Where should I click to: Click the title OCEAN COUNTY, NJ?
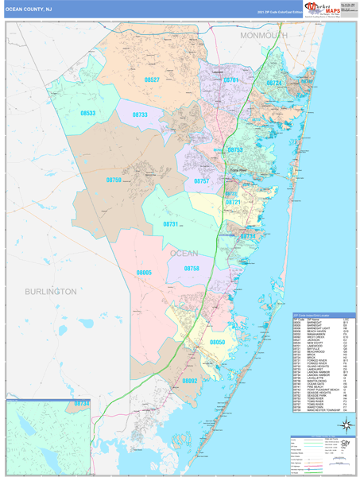[x=29, y=8]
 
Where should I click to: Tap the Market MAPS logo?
[x=323, y=9]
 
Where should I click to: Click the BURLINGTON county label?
[x=50, y=292]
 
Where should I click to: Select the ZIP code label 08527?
[x=152, y=80]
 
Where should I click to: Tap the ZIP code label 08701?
[x=231, y=80]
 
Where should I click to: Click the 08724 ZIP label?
[x=274, y=83]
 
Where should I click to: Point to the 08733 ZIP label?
[x=140, y=114]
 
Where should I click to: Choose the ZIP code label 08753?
[x=235, y=149]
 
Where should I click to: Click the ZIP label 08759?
[x=114, y=180]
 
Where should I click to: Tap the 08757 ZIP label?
[x=201, y=181]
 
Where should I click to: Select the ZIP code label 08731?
[x=171, y=224]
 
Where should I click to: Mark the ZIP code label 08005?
[x=144, y=273]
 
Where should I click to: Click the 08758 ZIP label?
[x=192, y=269]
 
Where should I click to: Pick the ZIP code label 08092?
[x=189, y=381]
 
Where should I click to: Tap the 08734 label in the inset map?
[x=81, y=404]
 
